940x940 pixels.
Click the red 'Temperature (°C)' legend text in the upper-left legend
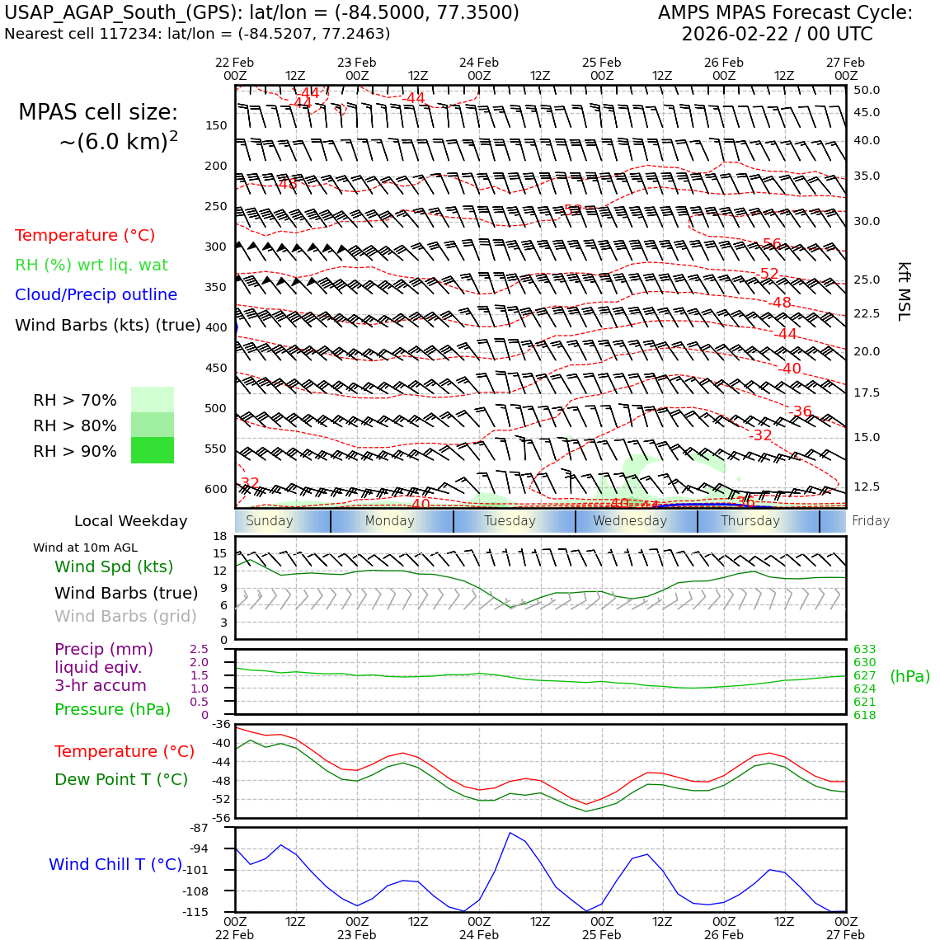tap(85, 236)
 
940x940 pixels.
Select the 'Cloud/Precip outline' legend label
tap(96, 295)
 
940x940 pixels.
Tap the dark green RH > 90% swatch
tap(153, 450)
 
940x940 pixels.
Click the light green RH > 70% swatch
tap(153, 399)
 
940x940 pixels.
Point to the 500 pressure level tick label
tap(215, 409)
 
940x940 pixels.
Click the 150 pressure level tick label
tap(215, 126)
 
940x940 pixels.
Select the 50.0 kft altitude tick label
tap(867, 91)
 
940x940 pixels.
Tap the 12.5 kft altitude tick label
tap(867, 487)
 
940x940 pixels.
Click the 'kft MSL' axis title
tap(904, 291)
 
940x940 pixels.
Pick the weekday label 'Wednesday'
tap(630, 521)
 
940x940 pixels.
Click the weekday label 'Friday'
tap(871, 521)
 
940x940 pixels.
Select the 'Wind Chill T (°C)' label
tap(115, 864)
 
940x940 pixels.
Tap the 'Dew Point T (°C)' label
tap(121, 779)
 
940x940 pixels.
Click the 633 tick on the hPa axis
tap(864, 650)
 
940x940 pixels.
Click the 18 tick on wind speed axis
tap(219, 537)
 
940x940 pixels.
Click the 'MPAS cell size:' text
tap(98, 113)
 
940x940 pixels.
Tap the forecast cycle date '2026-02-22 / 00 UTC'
tap(777, 35)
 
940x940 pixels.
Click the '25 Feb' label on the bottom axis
tap(601, 935)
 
